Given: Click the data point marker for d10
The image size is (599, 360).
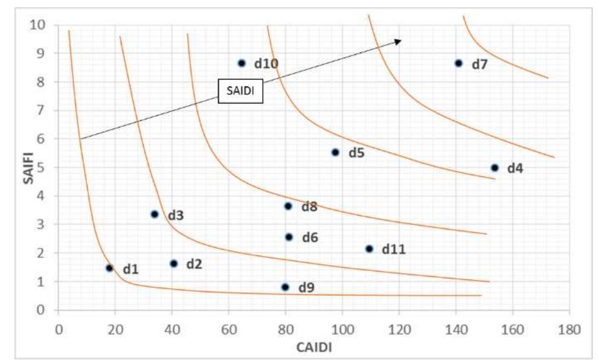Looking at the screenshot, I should [x=242, y=63].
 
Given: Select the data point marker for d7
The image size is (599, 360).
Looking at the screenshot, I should [x=458, y=63].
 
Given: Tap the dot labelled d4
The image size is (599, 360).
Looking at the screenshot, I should [x=495, y=167].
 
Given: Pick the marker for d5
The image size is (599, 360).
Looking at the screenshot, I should [x=336, y=152].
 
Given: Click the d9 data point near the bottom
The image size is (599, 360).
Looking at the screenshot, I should [x=285, y=287].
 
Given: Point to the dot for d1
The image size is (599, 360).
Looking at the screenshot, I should [x=109, y=268].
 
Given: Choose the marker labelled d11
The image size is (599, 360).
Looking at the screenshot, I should [x=369, y=248].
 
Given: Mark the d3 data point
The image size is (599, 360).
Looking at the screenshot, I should [x=154, y=214].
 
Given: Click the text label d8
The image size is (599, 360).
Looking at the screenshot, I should [x=310, y=207].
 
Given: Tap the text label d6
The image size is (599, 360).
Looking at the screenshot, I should [x=310, y=237].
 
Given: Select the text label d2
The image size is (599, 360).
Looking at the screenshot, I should [x=194, y=264].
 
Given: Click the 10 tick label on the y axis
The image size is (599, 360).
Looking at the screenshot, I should [x=40, y=25].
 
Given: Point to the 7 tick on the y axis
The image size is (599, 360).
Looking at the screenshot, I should [x=43, y=110].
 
